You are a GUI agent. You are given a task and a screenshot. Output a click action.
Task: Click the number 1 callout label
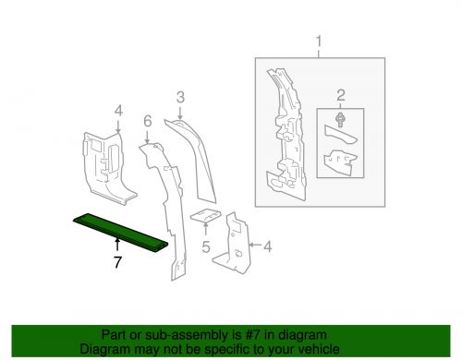point(320,42)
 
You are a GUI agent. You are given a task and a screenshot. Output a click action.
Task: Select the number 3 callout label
point(181,96)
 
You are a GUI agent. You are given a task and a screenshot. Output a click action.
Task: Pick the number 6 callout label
point(146,121)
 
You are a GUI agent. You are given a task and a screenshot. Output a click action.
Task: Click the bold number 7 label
point(117,261)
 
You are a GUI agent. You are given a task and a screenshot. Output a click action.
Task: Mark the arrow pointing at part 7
point(117,244)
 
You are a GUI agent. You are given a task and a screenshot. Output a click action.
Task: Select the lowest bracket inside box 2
point(339,164)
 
